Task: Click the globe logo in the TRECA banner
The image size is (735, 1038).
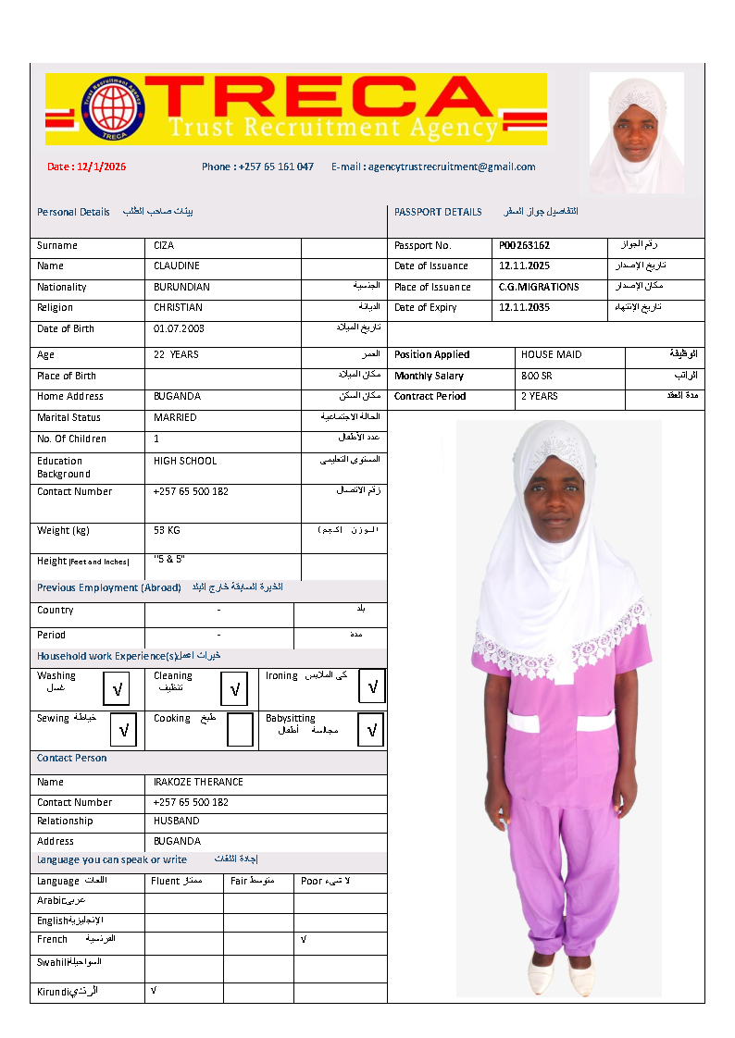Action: click(x=114, y=107)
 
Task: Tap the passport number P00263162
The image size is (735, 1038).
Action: click(x=524, y=246)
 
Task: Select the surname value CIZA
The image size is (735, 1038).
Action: click(x=164, y=246)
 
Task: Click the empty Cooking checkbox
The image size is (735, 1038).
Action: click(x=240, y=730)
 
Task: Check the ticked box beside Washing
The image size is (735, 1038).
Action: click(x=117, y=689)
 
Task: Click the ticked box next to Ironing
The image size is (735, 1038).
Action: click(x=372, y=686)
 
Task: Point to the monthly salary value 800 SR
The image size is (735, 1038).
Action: click(x=537, y=376)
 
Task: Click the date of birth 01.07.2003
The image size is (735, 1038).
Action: click(x=180, y=329)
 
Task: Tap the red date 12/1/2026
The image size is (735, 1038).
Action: click(x=87, y=167)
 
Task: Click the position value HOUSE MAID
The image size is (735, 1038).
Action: click(x=552, y=354)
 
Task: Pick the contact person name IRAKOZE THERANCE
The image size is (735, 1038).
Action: click(x=198, y=782)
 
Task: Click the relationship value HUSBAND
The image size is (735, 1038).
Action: click(x=176, y=821)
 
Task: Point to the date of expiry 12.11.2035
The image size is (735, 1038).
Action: click(x=524, y=307)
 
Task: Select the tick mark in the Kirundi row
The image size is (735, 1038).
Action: click(x=153, y=991)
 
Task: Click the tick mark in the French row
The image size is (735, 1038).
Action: click(x=303, y=939)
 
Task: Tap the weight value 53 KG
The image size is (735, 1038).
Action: click(x=167, y=530)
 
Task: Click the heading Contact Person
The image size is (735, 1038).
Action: click(x=71, y=758)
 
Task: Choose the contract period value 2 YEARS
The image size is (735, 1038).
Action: click(x=540, y=396)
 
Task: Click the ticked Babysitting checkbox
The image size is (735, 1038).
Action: click(x=372, y=730)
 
